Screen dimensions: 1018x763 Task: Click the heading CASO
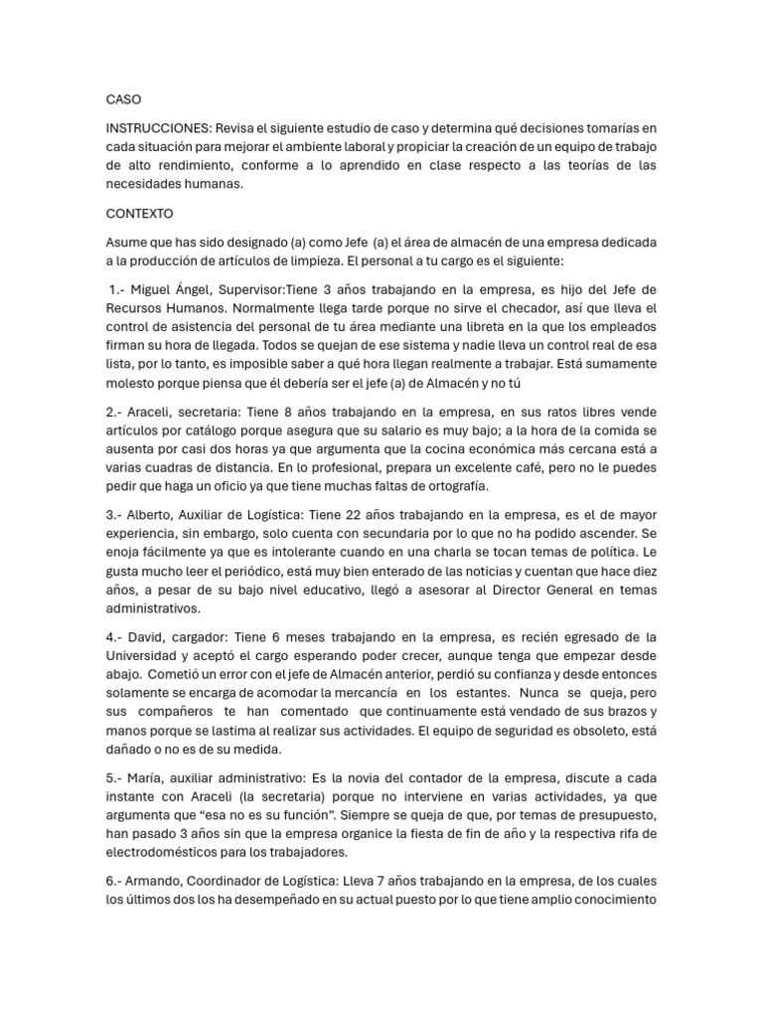point(123,100)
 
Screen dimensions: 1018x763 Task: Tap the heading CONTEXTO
point(139,214)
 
